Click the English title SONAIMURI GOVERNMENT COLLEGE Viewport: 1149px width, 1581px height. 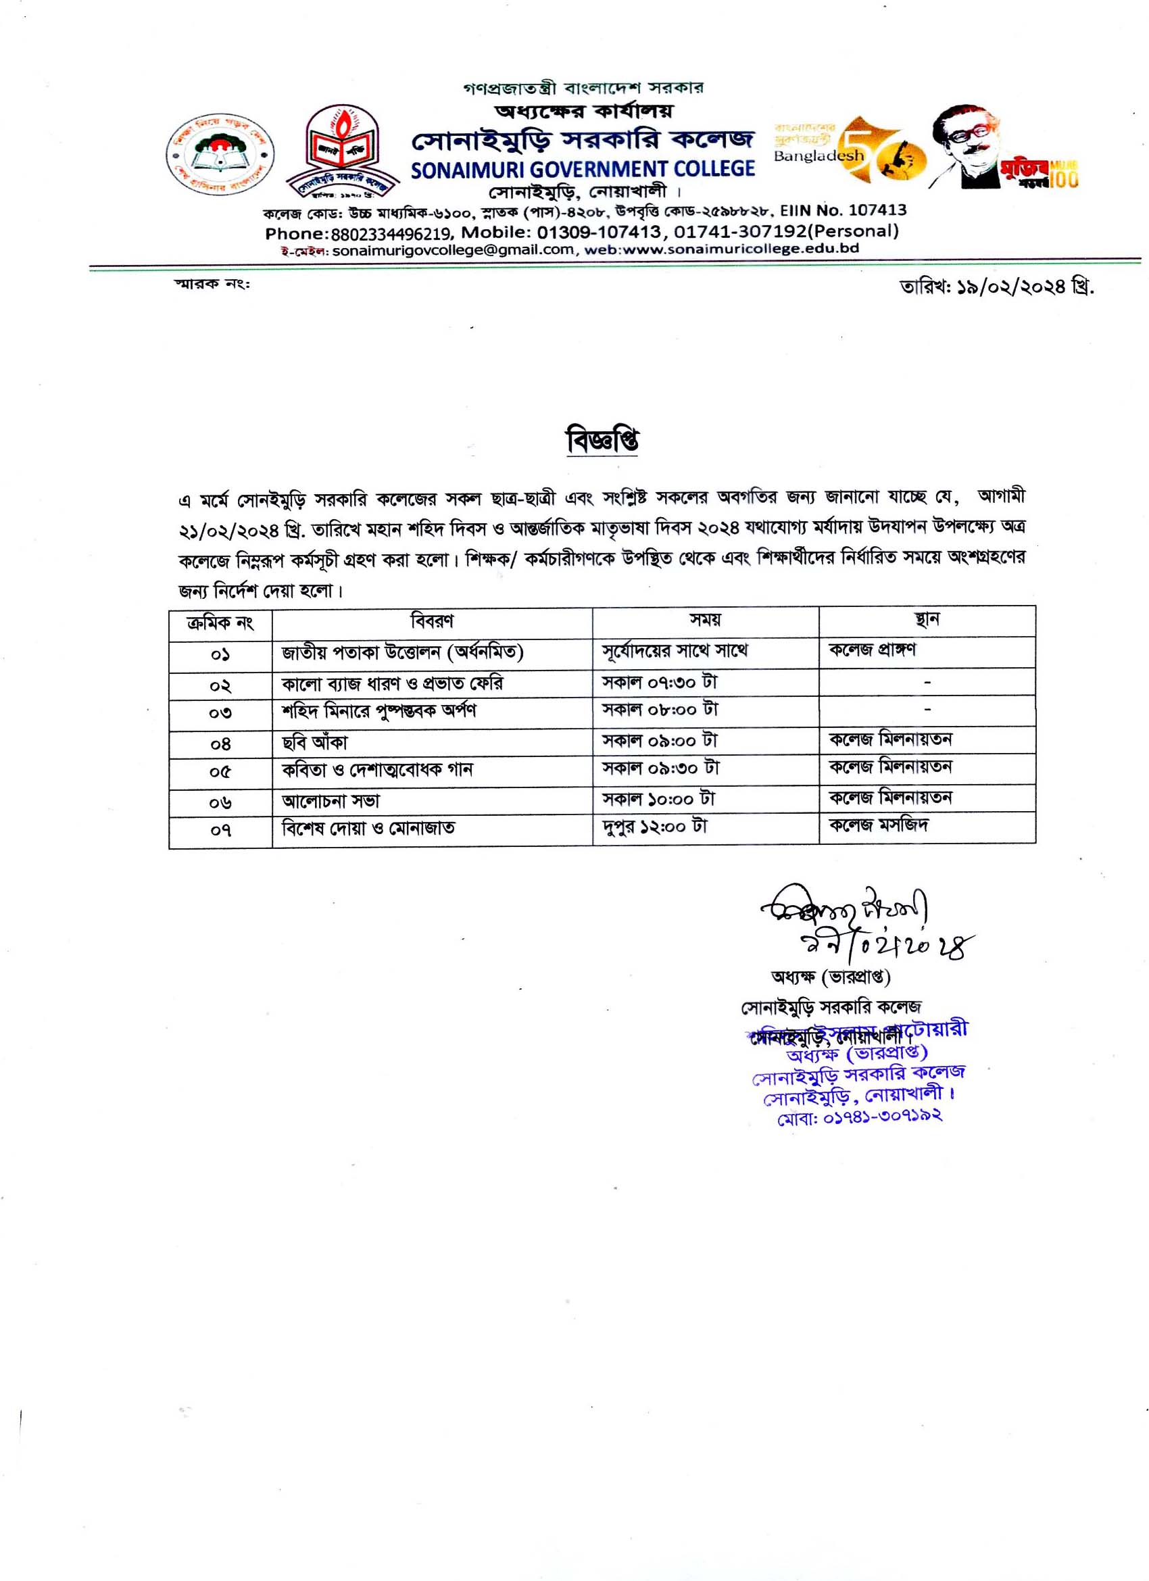pyautogui.click(x=583, y=170)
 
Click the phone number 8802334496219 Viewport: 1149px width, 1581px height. pyautogui.click(x=393, y=232)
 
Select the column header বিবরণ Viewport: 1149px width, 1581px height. pyautogui.click(x=433, y=621)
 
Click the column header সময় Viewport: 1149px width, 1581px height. pyautogui.click(x=705, y=620)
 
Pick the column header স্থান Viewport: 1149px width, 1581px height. pyautogui.click(x=927, y=620)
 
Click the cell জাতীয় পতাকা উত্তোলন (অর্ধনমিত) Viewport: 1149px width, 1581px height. pyautogui.click(x=402, y=652)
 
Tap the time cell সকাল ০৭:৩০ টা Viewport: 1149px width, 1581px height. pyautogui.click(x=660, y=682)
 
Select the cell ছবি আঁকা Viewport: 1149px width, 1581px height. pyautogui.click(x=314, y=743)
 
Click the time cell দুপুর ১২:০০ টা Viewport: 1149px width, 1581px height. pyautogui.click(x=656, y=827)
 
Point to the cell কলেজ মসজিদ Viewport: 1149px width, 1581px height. pyautogui.click(x=879, y=825)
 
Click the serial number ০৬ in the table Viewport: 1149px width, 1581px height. pyautogui.click(x=220, y=803)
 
